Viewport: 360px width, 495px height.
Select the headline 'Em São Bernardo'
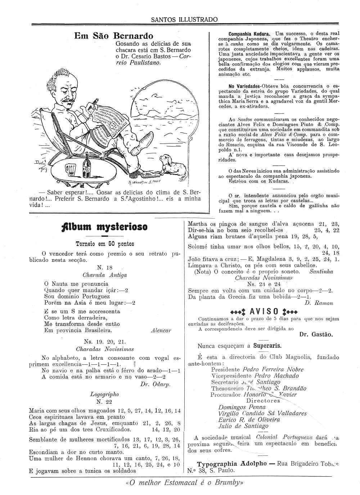coord(113,36)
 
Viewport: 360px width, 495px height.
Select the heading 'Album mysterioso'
coord(104,227)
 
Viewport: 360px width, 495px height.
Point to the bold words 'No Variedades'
coord(245,86)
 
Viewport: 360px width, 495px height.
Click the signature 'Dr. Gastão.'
coord(316,334)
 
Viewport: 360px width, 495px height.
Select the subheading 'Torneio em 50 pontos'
coord(104,244)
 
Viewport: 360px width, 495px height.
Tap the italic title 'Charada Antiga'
coord(104,275)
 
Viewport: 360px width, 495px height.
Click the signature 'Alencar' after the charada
coord(161,330)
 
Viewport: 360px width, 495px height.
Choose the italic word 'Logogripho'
coord(104,394)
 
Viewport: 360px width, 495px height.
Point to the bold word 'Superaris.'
coord(267,346)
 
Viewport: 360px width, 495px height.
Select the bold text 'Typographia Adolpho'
coord(232,464)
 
